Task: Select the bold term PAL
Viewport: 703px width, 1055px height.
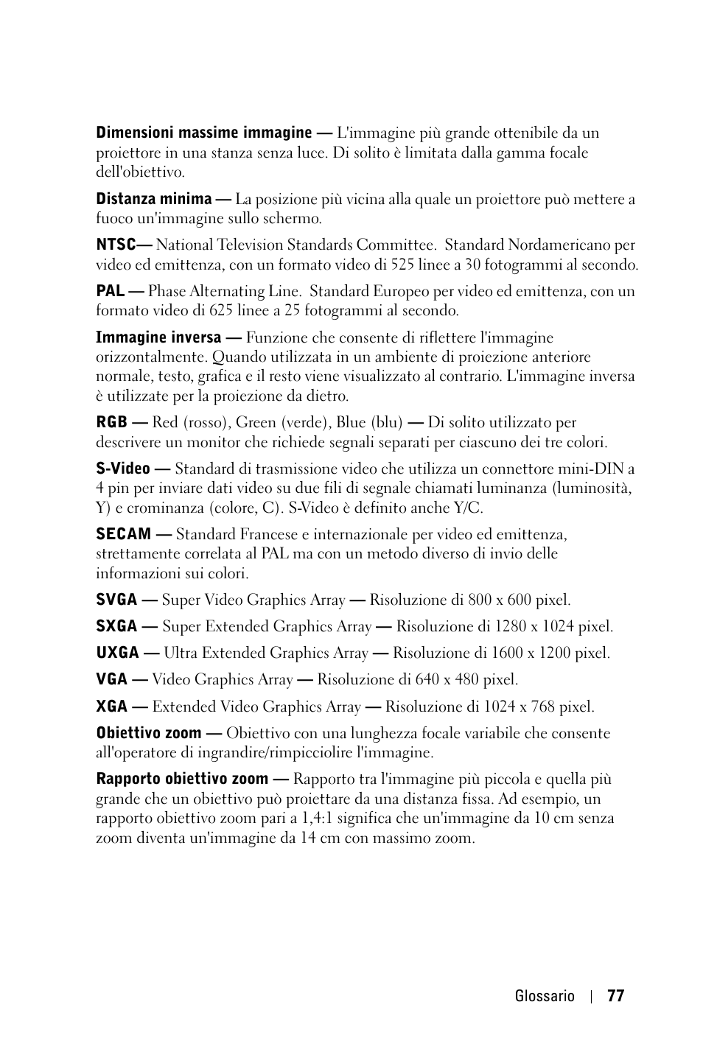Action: (x=110, y=291)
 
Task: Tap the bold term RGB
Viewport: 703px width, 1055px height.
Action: (x=111, y=423)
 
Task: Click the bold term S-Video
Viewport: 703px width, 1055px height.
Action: (x=123, y=469)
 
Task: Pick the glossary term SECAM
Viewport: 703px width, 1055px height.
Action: (x=123, y=534)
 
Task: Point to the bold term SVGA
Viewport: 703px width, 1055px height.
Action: (x=116, y=600)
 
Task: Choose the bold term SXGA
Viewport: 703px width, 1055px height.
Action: (x=116, y=627)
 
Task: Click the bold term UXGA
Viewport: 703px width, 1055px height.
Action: (x=118, y=653)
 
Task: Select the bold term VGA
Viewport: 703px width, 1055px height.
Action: (x=112, y=680)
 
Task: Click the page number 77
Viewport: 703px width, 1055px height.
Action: (x=616, y=996)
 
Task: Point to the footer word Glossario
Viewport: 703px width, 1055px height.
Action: (x=545, y=996)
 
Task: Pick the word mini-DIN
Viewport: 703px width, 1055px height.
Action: (x=593, y=469)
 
